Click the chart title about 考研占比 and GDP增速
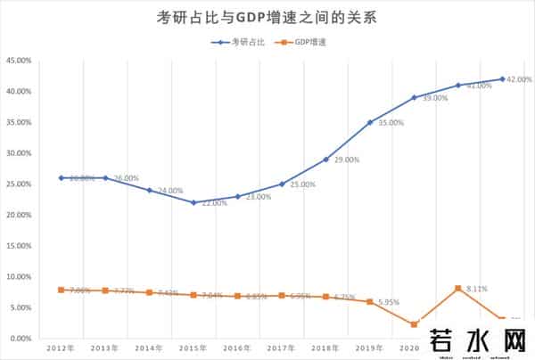[267, 17]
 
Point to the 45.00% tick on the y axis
[19, 61]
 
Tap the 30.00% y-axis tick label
[19, 153]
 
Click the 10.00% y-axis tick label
[19, 276]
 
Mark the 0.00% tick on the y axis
[21, 339]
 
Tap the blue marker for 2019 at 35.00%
[370, 122]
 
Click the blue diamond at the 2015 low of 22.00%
[193, 202]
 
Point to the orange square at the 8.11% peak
[458, 288]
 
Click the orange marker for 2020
[414, 324]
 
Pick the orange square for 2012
[62, 290]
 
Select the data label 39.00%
[434, 98]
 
